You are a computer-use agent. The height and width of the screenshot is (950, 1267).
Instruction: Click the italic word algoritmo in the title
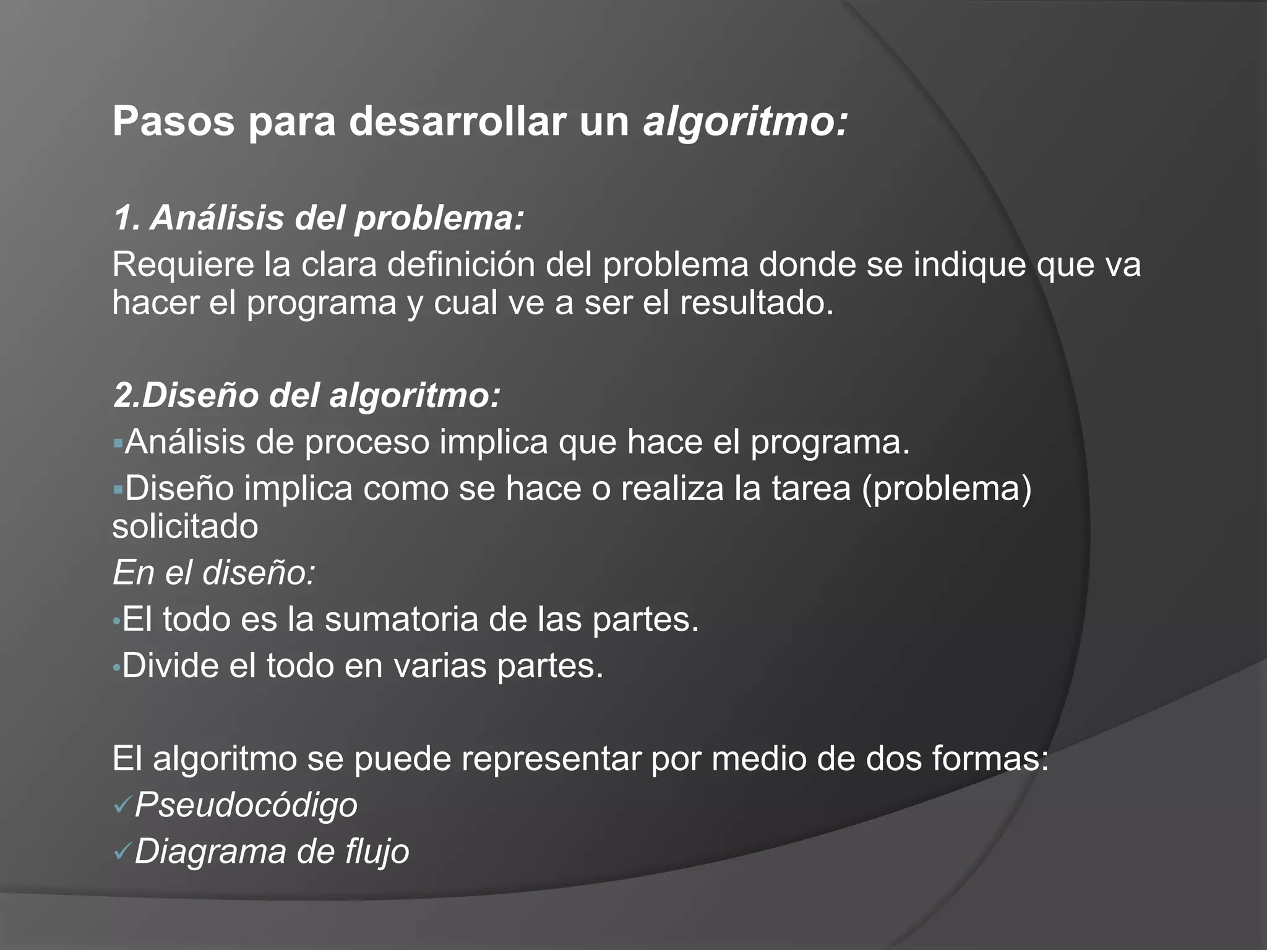745,122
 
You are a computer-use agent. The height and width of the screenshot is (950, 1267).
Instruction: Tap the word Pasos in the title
173,122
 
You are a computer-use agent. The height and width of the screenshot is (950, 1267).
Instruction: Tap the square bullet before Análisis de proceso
118,443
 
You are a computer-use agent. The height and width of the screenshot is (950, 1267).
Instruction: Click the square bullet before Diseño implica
118,489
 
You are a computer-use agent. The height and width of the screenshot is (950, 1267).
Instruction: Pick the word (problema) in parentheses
947,489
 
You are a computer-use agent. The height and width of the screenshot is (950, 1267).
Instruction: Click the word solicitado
185,527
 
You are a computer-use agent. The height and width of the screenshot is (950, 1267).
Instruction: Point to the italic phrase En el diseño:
214,573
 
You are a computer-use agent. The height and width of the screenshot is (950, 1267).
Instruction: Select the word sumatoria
401,619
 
